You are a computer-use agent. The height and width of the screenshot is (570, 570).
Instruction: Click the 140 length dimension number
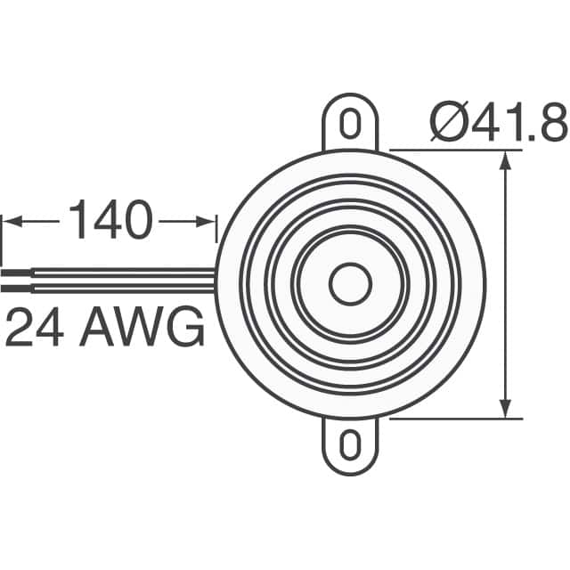click(110, 221)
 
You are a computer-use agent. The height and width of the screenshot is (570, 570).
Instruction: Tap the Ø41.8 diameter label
click(498, 123)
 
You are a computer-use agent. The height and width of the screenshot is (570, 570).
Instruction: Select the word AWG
click(142, 330)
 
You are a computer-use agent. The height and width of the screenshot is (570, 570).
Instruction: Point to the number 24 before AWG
click(37, 330)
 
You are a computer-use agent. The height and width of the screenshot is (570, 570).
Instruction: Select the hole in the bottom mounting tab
click(350, 443)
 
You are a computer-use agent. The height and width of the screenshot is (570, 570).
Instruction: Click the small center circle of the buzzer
click(350, 284)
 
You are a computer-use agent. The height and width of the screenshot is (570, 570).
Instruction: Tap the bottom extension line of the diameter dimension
click(454, 418)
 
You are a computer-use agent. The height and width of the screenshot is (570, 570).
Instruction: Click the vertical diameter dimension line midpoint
click(507, 284)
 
